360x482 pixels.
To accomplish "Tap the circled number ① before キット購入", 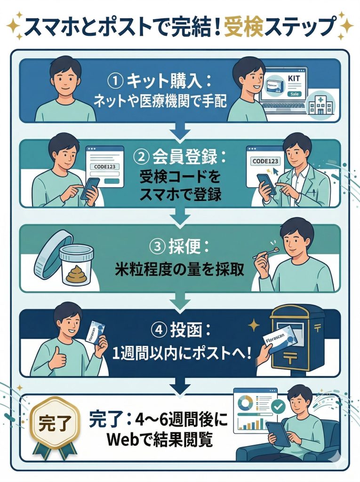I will tap(115, 81).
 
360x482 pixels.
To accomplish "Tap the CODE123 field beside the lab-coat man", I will tap(265, 161).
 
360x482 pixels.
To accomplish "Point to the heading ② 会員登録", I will tap(180, 156).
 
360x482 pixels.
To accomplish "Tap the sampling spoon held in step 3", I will tap(266, 253).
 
